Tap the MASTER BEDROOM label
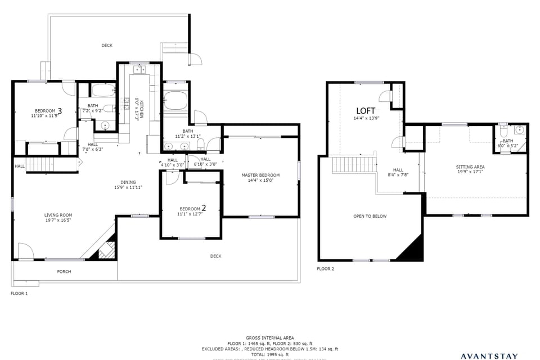coord(260,175)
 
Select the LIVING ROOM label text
coord(58,215)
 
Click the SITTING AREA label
coord(470,167)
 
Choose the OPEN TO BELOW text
coord(370,216)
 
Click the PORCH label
coord(64,272)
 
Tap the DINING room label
coord(128,182)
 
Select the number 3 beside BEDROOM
coord(60,110)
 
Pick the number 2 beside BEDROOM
coord(204,208)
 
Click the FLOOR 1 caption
coord(19,293)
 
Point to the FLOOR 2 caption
coord(325,269)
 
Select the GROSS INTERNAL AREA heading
coord(269,338)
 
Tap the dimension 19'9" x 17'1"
coord(470,172)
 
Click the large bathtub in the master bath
coord(176,100)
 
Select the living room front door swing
coord(25,250)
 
